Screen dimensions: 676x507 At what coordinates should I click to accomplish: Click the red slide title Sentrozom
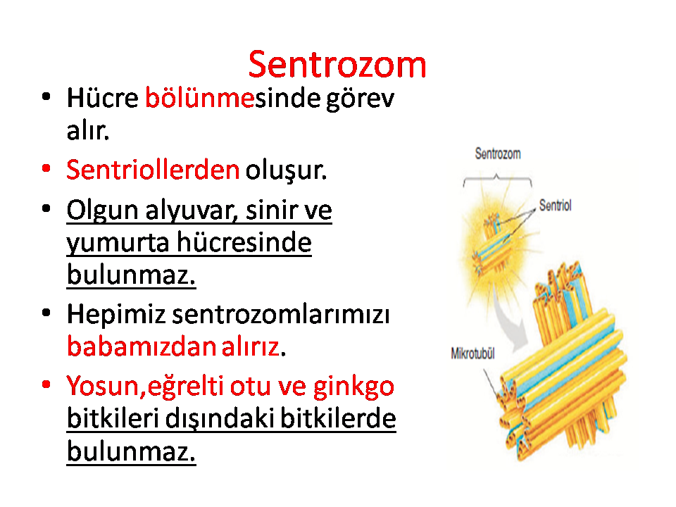click(x=337, y=65)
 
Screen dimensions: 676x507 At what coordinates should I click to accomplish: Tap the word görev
click(x=360, y=99)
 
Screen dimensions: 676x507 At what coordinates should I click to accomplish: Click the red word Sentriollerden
click(x=153, y=170)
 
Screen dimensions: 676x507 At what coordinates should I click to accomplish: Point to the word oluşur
click(x=287, y=171)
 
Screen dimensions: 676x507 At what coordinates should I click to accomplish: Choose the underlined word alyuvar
click(x=192, y=211)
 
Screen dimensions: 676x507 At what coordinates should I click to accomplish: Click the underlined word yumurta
click(x=118, y=243)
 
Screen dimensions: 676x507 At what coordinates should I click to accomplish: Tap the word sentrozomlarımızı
click(x=281, y=314)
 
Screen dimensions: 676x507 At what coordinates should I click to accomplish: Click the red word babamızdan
click(x=141, y=346)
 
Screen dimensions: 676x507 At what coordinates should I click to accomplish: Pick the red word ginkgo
click(x=353, y=387)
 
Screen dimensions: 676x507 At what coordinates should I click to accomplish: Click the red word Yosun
click(x=103, y=386)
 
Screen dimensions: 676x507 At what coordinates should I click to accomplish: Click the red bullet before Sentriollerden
click(x=46, y=168)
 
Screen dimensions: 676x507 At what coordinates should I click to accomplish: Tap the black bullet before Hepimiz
click(x=46, y=313)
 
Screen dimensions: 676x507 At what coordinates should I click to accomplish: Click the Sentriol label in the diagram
click(x=556, y=206)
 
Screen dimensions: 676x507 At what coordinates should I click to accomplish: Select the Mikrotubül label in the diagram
click(x=472, y=353)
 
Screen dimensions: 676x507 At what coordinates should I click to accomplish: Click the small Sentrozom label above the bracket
click(x=498, y=154)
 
